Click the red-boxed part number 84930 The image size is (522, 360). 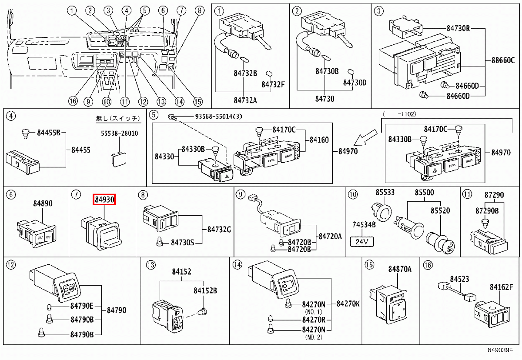pos(104,200)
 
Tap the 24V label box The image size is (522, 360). pos(362,241)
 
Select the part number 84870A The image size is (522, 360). pos(400,270)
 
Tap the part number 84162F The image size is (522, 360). pos(502,287)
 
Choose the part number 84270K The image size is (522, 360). pos(348,304)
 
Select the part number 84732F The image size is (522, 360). pos(273,84)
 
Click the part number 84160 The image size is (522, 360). pos(319,140)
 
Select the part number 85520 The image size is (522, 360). pos(440,210)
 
